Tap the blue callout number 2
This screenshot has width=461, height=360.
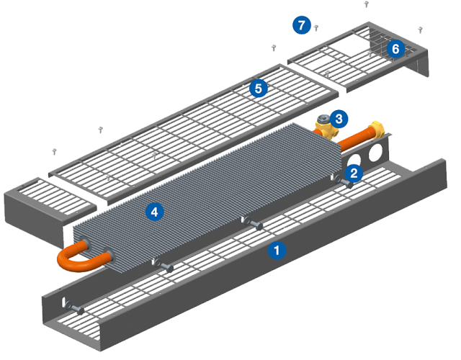(x=354, y=173)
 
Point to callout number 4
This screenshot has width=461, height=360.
(x=153, y=212)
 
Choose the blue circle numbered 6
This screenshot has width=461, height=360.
(x=394, y=49)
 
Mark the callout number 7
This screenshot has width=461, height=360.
(x=302, y=25)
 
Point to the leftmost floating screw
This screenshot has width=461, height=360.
(x=53, y=151)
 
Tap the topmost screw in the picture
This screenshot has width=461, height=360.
(x=366, y=4)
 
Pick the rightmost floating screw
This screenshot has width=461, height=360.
(x=420, y=30)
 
